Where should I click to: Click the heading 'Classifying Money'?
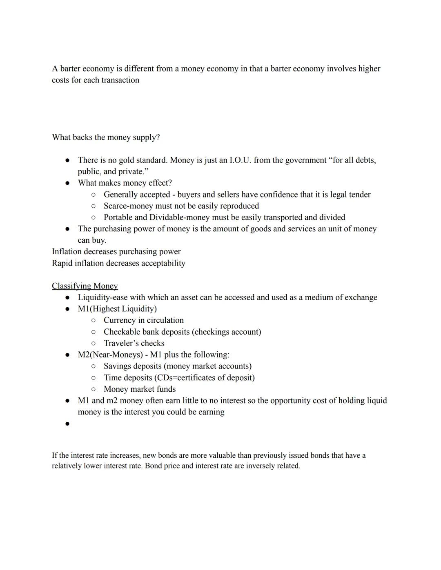click(85, 286)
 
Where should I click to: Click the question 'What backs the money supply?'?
click(106, 138)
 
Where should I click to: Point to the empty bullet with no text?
click(67, 424)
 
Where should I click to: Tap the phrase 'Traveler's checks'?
click(134, 343)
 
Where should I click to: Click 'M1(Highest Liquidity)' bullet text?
click(117, 309)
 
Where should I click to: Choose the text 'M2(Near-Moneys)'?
click(110, 355)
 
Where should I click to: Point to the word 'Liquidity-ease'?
click(102, 297)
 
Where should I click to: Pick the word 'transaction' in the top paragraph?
click(120, 80)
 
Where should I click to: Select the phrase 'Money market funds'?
click(140, 389)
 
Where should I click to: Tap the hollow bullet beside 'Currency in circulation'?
click(94, 320)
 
